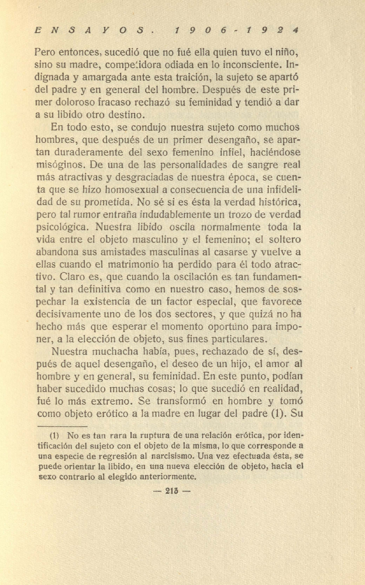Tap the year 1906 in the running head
pyautogui.click(x=198, y=29)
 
